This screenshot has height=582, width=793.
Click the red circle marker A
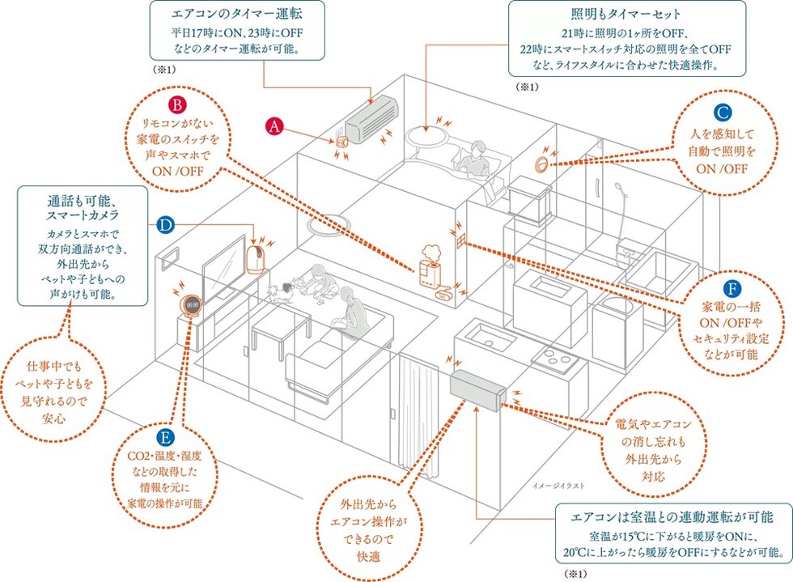pos(275,125)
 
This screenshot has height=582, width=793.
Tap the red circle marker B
pos(177,105)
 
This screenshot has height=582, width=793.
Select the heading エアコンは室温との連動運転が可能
pos(672,516)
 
